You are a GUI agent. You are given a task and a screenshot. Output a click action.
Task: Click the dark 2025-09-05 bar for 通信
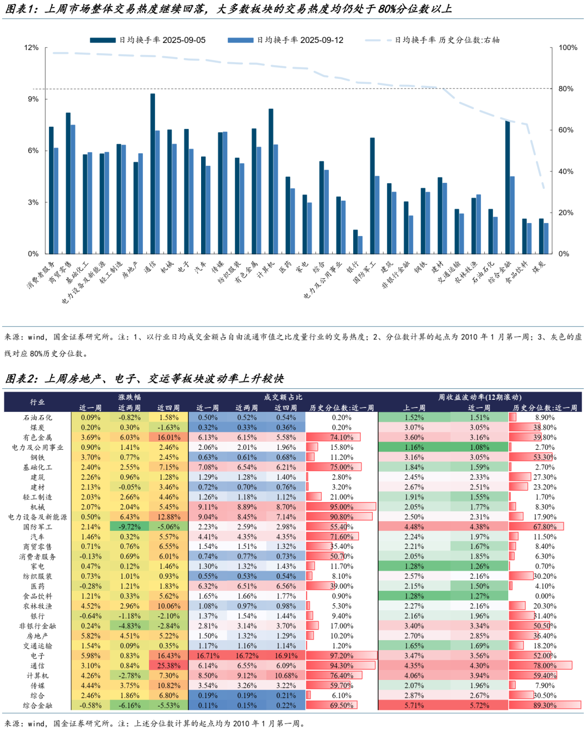click(153, 174)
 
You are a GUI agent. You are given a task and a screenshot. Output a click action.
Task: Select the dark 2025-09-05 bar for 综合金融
click(507, 188)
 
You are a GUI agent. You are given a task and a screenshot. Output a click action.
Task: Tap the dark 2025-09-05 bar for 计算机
click(271, 181)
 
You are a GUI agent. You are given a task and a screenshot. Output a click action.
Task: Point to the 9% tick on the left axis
click(33, 99)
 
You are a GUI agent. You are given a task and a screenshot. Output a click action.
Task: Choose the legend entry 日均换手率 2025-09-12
click(299, 40)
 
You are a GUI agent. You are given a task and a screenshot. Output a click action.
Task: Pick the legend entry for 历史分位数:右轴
click(446, 40)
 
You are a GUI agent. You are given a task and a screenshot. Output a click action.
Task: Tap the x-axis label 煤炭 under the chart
click(538, 267)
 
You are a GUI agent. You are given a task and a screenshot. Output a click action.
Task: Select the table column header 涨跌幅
click(129, 397)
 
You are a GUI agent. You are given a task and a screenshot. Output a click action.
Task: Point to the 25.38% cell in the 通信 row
click(168, 666)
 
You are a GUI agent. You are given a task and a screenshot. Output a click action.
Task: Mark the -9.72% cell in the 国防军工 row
click(129, 527)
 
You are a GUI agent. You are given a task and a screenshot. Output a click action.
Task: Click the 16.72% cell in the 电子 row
click(247, 655)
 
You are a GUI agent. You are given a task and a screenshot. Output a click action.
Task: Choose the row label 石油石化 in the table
click(38, 418)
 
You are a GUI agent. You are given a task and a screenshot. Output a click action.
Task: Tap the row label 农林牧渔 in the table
click(38, 606)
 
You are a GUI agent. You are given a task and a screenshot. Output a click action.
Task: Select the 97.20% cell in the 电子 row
click(341, 655)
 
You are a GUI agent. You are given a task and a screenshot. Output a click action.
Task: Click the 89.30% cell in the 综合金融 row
click(545, 706)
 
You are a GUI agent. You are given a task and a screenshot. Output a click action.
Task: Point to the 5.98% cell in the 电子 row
click(90, 655)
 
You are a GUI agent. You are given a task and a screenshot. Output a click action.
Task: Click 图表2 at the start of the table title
click(21, 379)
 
